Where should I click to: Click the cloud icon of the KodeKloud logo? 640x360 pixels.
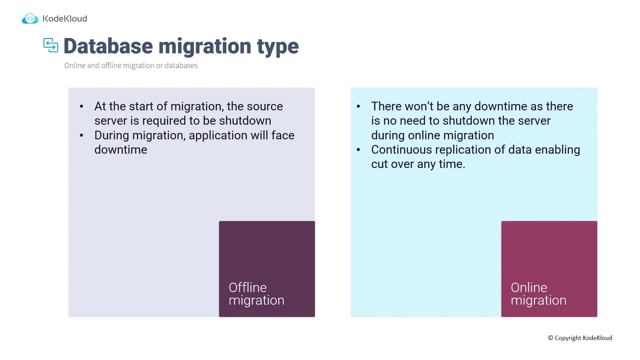pyautogui.click(x=30, y=19)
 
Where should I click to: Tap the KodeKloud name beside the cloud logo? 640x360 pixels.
pyautogui.click(x=65, y=19)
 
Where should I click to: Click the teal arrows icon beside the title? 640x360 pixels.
pyautogui.click(x=51, y=45)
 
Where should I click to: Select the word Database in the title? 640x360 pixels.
pyautogui.click(x=108, y=46)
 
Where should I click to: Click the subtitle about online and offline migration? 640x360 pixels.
pyautogui.click(x=131, y=65)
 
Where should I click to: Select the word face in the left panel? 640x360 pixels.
pyautogui.click(x=283, y=135)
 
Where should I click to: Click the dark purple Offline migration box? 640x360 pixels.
pyautogui.click(x=267, y=269)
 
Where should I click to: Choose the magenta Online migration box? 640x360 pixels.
pyautogui.click(x=549, y=269)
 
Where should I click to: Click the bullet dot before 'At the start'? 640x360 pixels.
pyautogui.click(x=82, y=107)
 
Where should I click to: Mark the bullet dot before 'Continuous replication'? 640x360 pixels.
pyautogui.click(x=358, y=150)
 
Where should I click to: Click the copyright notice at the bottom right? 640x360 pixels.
pyautogui.click(x=580, y=338)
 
